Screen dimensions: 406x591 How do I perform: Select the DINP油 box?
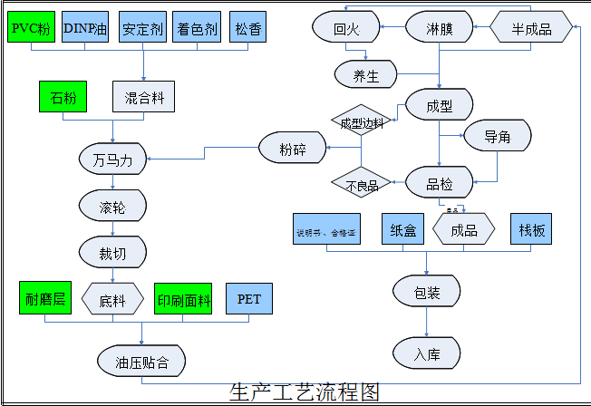pos(88,27)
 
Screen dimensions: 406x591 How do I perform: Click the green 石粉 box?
pos(63,97)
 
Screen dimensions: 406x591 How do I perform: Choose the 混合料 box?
pos(144,97)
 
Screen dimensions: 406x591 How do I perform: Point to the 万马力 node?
pos(112,160)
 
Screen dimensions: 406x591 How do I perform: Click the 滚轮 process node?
pos(112,208)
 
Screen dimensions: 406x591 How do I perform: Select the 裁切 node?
pos(112,250)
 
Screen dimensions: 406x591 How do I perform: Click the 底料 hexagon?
pos(112,299)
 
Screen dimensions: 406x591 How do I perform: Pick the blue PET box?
pos(249,298)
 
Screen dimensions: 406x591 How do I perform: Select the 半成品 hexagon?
pos(533,28)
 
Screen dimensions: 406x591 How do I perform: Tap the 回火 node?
pos(346,28)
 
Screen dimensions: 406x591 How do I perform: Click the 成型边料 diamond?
pos(362,122)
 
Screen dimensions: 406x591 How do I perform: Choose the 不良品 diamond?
pos(362,186)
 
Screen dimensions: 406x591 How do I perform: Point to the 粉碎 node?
pos(292,148)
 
